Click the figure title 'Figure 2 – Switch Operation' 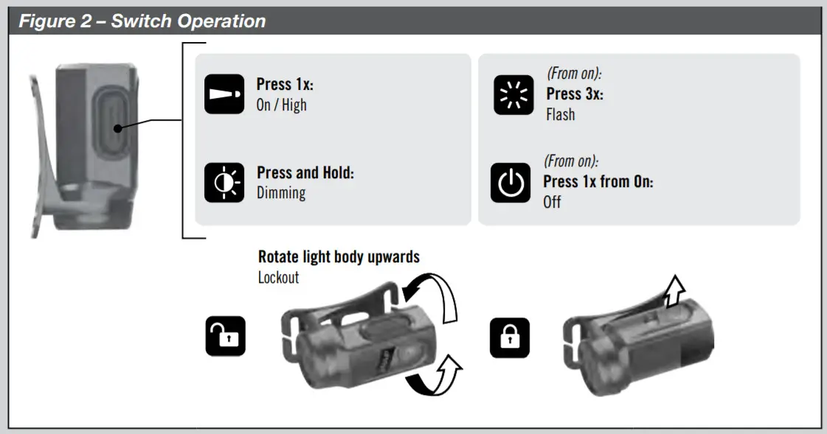tap(142, 21)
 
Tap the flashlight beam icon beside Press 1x tap(224, 94)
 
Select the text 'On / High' tap(281, 105)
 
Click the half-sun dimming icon tap(224, 183)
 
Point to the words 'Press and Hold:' tap(305, 173)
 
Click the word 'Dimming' tap(281, 193)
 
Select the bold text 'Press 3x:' tap(575, 94)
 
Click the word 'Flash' tap(561, 115)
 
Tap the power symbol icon tap(511, 183)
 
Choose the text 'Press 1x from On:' tap(598, 182)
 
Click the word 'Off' tap(553, 202)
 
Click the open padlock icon tap(225, 337)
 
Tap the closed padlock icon tap(510, 337)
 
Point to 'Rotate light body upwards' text tap(339, 257)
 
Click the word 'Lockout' tap(279, 278)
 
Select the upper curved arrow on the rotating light tap(435, 295)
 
